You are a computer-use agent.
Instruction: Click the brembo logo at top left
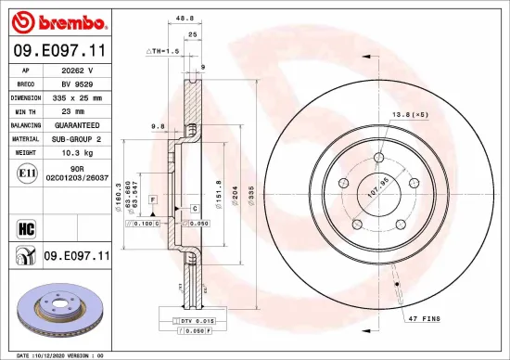(59, 21)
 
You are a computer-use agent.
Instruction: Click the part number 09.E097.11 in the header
(59, 50)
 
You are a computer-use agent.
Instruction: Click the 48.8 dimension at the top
(185, 17)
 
